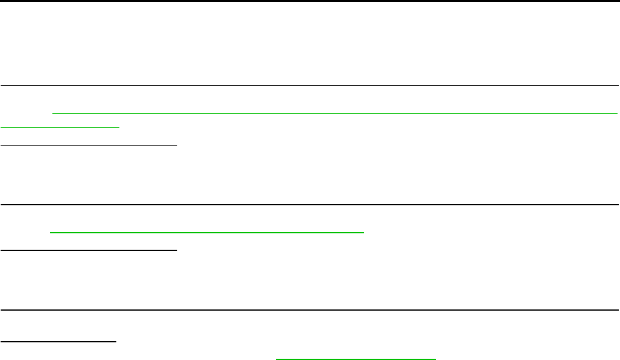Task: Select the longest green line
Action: tap(335, 113)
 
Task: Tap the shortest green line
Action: tap(60, 127)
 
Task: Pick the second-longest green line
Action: tap(206, 232)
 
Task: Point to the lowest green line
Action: tap(356, 358)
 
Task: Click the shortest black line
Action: tap(58, 341)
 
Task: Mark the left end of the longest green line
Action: tap(54, 113)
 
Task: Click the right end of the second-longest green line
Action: tap(364, 232)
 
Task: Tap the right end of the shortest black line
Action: tap(116, 341)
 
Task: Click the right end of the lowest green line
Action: tap(436, 358)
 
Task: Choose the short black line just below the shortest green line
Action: tap(88, 145)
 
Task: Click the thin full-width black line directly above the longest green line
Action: tap(310, 86)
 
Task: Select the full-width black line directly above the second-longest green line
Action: tap(310, 205)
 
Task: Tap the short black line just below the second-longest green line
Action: tap(88, 249)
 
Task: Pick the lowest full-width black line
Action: tap(310, 310)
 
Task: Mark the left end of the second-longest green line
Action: tap(50, 232)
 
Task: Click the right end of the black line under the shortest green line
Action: tap(177, 145)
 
